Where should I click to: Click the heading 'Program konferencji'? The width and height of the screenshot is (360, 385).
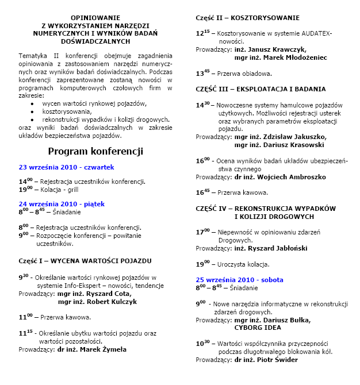click(95, 152)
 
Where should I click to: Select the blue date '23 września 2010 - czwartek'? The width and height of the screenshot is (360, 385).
click(67, 167)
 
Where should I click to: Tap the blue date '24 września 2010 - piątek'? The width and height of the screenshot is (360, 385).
click(62, 203)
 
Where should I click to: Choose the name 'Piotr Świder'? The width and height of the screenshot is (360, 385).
click(272, 360)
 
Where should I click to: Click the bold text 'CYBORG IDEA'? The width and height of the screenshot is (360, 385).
click(258, 328)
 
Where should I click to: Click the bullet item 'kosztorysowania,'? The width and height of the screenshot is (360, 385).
click(67, 111)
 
